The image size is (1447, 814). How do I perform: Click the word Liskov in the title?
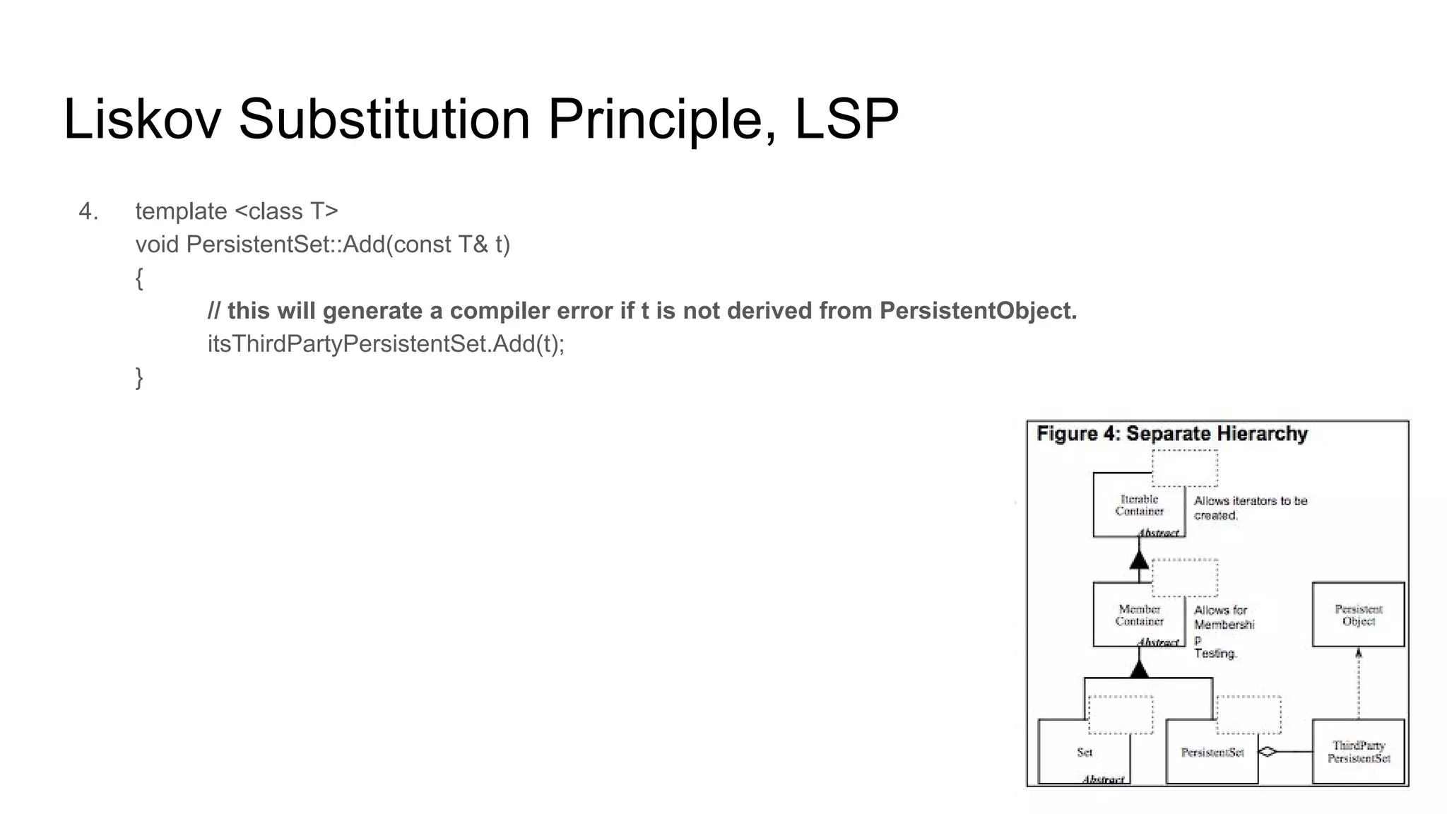142,119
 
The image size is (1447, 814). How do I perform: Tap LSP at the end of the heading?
846,119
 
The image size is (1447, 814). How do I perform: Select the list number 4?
88,211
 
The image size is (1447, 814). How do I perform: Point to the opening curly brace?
139,278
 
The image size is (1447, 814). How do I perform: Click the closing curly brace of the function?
139,377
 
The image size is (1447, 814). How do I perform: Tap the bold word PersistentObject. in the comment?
978,311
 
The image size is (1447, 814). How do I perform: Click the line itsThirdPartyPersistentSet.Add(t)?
386,344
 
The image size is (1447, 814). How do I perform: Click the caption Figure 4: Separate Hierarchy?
1171,434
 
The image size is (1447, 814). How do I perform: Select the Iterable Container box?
1138,506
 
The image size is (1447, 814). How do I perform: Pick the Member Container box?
1138,615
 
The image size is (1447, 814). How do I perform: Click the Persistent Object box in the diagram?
1358,615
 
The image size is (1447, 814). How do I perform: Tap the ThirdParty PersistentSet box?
1358,752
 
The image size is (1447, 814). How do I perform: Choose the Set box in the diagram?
1084,753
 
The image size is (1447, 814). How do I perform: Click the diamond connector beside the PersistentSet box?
1268,752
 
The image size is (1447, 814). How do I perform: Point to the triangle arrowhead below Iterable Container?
1139,560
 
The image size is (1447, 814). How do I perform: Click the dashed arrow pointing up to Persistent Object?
1358,683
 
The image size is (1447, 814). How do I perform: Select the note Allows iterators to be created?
1250,508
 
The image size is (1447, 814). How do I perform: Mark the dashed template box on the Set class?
1121,714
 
